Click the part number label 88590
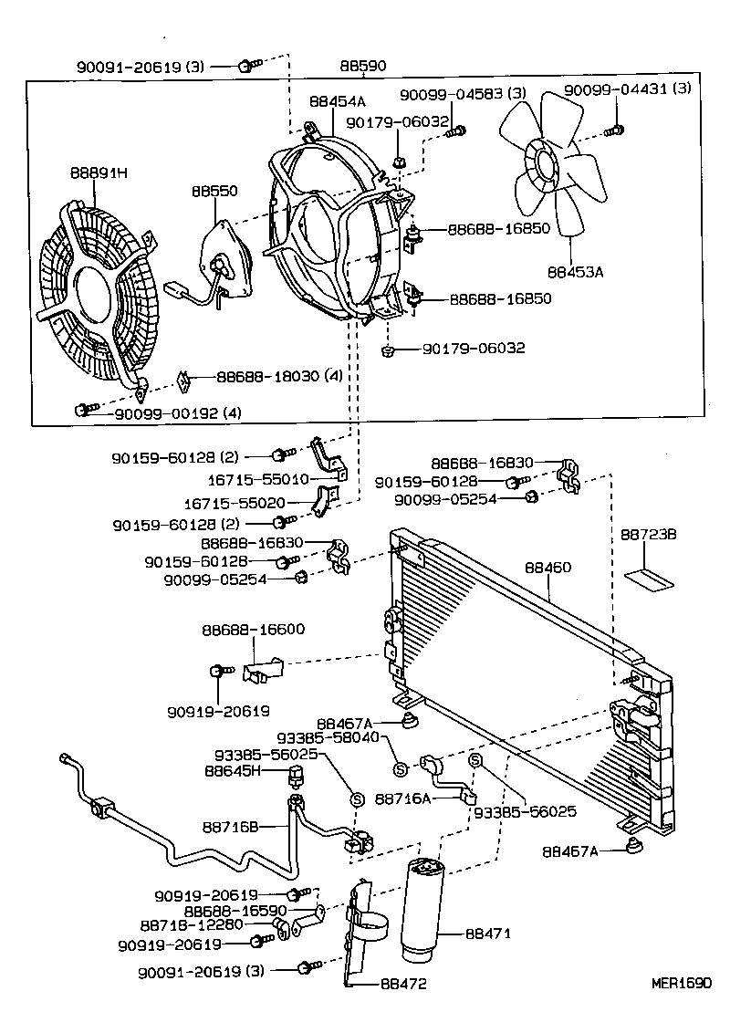click(x=362, y=66)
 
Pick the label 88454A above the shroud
click(x=337, y=102)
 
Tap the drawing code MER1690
click(x=680, y=983)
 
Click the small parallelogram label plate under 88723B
click(x=648, y=578)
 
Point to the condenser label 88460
click(x=547, y=568)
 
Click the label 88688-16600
click(x=253, y=630)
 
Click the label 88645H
click(x=233, y=770)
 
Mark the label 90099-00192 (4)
click(x=178, y=413)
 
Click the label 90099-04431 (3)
click(x=628, y=89)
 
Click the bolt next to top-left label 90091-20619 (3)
click(x=246, y=66)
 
